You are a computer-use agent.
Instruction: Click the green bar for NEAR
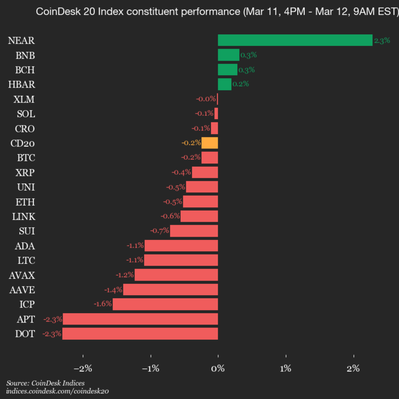coord(295,40)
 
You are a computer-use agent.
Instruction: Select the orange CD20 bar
coord(209,143)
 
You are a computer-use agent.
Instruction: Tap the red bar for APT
coord(140,319)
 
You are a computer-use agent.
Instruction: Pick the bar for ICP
coord(165,304)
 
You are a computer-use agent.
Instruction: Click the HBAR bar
coord(224,84)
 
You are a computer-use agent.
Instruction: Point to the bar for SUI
coord(194,231)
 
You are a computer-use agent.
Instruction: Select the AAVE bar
coord(170,289)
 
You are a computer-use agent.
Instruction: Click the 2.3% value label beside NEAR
coord(382,40)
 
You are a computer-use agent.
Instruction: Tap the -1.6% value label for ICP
coord(104,304)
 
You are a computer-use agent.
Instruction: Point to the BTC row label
coord(26,158)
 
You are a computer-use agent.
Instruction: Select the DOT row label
coord(25,334)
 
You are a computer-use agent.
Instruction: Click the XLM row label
coord(25,99)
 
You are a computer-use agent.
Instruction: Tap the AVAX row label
coord(22,275)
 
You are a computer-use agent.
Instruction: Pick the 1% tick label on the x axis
coord(286,369)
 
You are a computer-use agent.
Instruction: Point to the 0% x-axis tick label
coord(218,369)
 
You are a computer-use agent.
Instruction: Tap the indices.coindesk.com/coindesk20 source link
coord(58,391)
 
